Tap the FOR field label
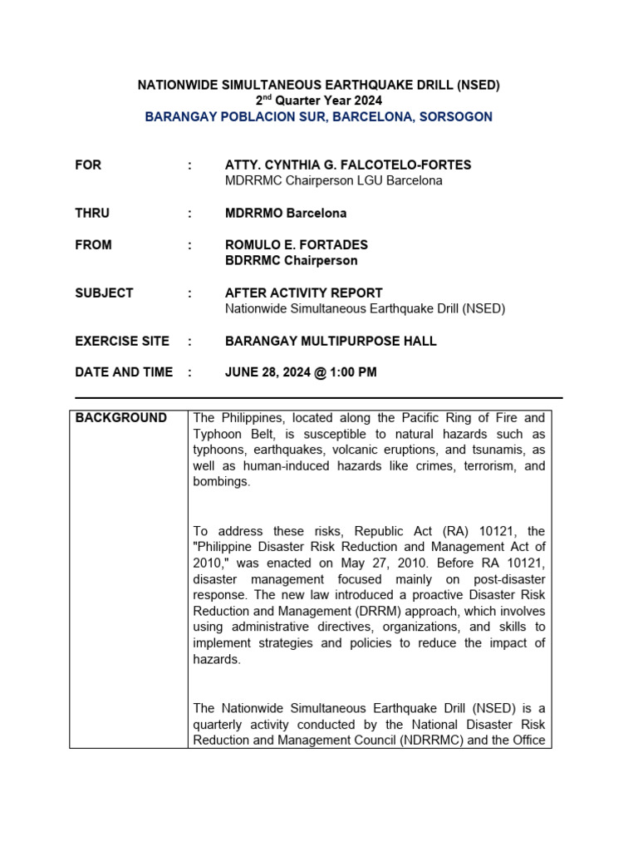click(88, 165)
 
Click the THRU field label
click(92, 214)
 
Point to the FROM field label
click(93, 245)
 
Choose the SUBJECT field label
click(104, 293)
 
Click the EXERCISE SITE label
click(122, 342)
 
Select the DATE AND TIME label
click(124, 372)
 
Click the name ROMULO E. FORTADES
click(297, 245)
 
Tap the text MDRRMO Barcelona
click(286, 214)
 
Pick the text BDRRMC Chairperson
click(292, 261)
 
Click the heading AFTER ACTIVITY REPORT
click(304, 293)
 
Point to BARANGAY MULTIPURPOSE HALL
click(331, 342)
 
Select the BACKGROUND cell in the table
click(121, 418)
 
